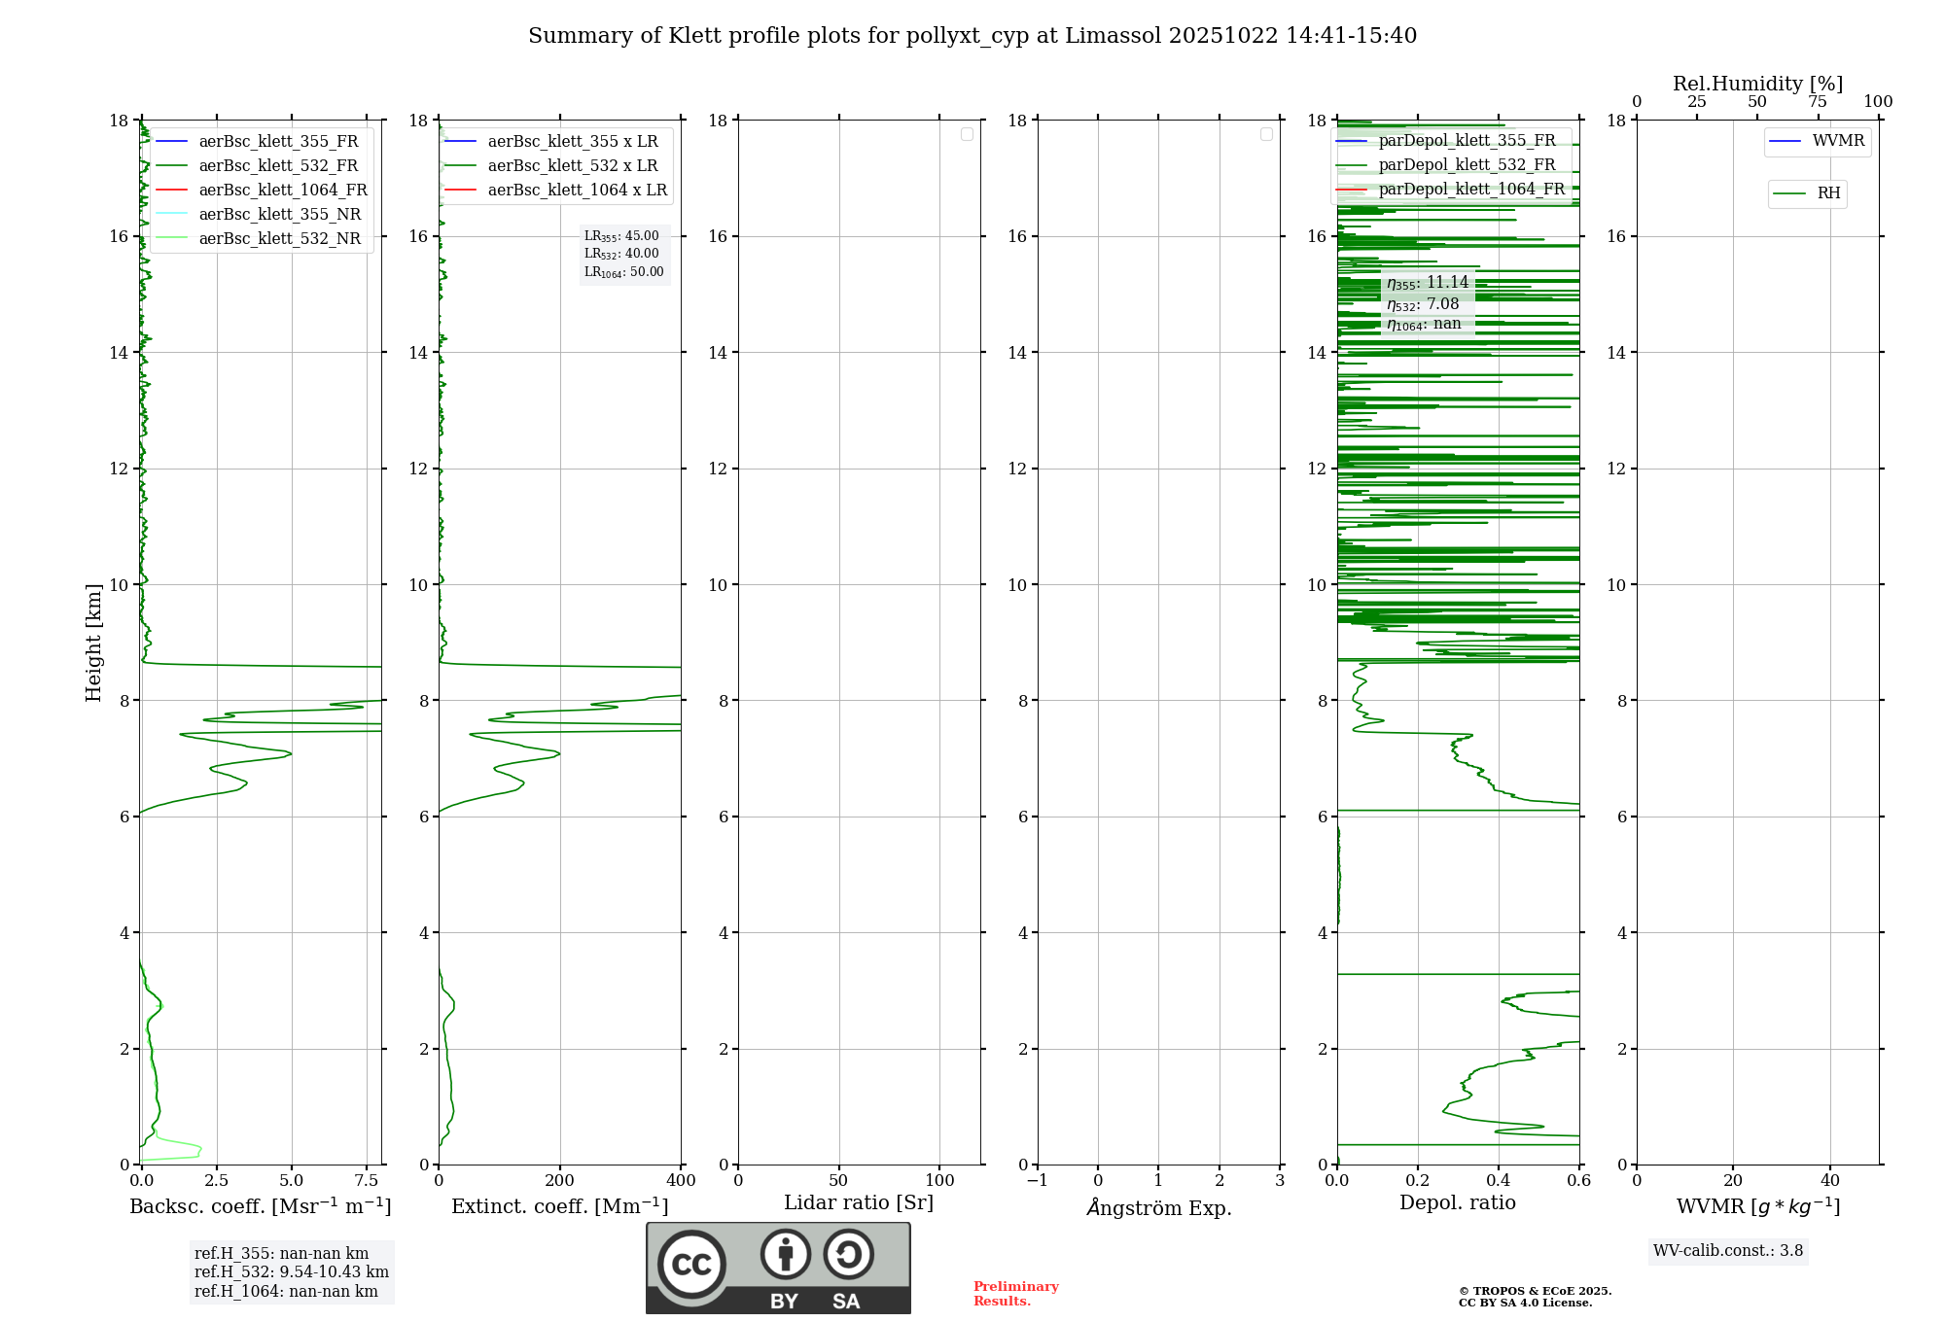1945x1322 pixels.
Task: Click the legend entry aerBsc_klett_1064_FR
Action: (282, 190)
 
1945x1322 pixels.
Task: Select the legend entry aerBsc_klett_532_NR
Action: (279, 238)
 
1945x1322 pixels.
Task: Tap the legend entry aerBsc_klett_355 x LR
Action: (572, 141)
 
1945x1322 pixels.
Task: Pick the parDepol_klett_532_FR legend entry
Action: (1467, 164)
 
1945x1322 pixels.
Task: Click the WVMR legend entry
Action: (1838, 141)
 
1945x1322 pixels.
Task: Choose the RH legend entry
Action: (1828, 193)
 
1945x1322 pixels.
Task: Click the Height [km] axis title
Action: (93, 643)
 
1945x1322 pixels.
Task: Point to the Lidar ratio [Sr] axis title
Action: (859, 1203)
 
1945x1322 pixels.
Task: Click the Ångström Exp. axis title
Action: (1158, 1207)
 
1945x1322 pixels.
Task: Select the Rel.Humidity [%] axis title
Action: (1757, 84)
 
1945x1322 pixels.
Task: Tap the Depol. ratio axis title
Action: (1457, 1203)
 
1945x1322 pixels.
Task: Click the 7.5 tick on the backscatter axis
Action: (367, 1181)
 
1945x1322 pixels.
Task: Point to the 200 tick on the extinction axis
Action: (560, 1181)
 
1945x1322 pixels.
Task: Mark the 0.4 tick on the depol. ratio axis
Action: (1499, 1181)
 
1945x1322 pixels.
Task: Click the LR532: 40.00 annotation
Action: (621, 254)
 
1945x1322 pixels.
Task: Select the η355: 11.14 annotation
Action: (1427, 283)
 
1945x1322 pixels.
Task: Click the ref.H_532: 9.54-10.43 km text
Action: (291, 1272)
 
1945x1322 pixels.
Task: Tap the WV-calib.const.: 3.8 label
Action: (1728, 1251)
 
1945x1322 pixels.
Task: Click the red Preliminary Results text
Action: (1015, 1294)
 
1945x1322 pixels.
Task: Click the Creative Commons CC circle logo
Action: (691, 1265)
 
